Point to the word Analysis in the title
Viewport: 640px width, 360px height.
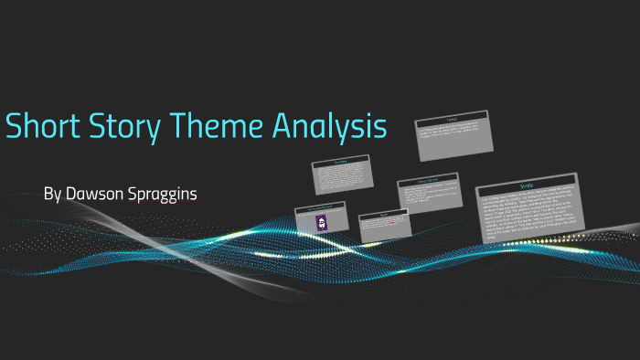coord(329,128)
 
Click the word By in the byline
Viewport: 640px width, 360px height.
coord(52,195)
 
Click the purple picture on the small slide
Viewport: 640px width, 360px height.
coord(320,224)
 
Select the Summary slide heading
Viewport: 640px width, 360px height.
coord(341,161)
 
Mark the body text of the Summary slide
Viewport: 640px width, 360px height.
coord(341,175)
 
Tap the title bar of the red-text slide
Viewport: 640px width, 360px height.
coord(383,217)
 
